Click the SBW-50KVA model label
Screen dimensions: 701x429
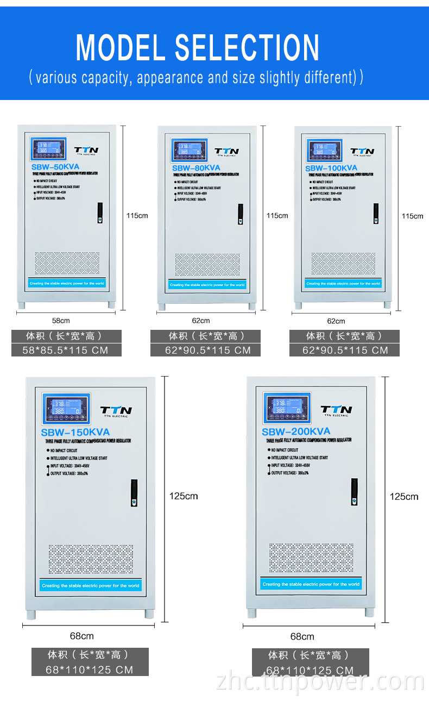click(x=56, y=167)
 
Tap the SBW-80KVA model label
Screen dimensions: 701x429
click(x=196, y=168)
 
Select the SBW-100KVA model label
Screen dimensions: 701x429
click(x=331, y=168)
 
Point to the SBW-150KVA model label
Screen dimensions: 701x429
click(x=75, y=433)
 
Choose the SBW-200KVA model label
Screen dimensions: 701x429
click(x=296, y=431)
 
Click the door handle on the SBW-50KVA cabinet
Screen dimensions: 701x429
click(x=100, y=212)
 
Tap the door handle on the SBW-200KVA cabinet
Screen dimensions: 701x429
click(x=354, y=492)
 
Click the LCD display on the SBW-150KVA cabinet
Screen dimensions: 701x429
click(x=66, y=408)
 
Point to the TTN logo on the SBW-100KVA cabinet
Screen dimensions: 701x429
click(x=362, y=152)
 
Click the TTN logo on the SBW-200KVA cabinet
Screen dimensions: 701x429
click(x=336, y=410)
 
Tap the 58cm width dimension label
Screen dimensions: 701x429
click(x=61, y=321)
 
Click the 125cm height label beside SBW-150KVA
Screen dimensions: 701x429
click(x=184, y=496)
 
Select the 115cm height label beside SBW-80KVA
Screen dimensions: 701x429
click(x=277, y=216)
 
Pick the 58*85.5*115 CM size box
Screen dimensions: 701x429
click(x=66, y=350)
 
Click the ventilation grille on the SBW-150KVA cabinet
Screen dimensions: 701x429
click(x=91, y=559)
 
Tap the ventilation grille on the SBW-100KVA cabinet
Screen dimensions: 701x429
click(x=343, y=264)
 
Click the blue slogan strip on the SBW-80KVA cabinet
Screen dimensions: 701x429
click(x=207, y=285)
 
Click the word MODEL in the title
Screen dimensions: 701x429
click(x=120, y=48)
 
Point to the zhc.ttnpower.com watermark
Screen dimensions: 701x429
click(x=320, y=681)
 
